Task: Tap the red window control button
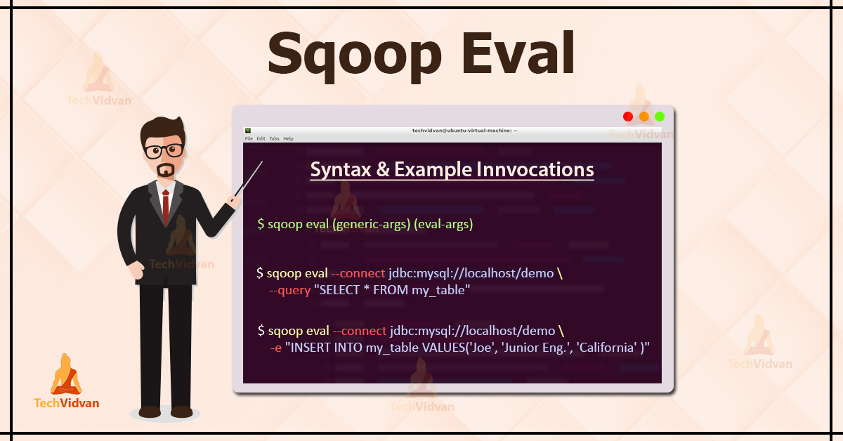pyautogui.click(x=628, y=117)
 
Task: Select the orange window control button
pyautogui.click(x=644, y=117)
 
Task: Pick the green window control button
pyautogui.click(x=660, y=117)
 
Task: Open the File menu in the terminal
pyautogui.click(x=249, y=138)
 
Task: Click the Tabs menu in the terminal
pyautogui.click(x=274, y=138)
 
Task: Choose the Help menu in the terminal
pyautogui.click(x=288, y=138)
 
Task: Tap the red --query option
pyautogui.click(x=289, y=290)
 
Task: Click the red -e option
pyautogui.click(x=275, y=348)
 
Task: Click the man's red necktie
pyautogui.click(x=166, y=203)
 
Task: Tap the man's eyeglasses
pyautogui.click(x=164, y=150)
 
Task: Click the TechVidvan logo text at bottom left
pyautogui.click(x=67, y=402)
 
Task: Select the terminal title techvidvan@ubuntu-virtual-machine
pyautogui.click(x=464, y=131)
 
